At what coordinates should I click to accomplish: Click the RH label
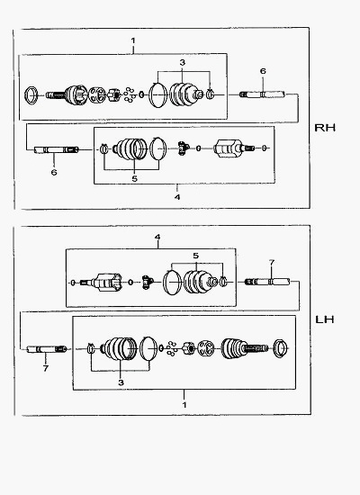pyautogui.click(x=325, y=128)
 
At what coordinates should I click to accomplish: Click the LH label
pyautogui.click(x=325, y=319)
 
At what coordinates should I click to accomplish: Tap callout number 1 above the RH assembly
pyautogui.click(x=133, y=40)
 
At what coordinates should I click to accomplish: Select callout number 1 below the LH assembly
pyautogui.click(x=184, y=405)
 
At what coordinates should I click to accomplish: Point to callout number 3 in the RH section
pyautogui.click(x=182, y=62)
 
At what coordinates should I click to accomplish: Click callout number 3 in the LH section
pyautogui.click(x=121, y=382)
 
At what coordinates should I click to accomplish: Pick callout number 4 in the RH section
pyautogui.click(x=177, y=197)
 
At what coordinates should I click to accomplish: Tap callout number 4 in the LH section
pyautogui.click(x=157, y=237)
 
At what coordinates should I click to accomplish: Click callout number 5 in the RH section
pyautogui.click(x=135, y=179)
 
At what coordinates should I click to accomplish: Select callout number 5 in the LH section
pyautogui.click(x=196, y=256)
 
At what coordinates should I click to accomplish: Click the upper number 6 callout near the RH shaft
pyautogui.click(x=263, y=71)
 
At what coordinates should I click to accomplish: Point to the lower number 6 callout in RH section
pyautogui.click(x=54, y=173)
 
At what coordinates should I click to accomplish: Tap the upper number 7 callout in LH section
pyautogui.click(x=272, y=262)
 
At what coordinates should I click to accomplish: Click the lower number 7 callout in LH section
pyautogui.click(x=46, y=368)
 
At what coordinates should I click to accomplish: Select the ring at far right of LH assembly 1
pyautogui.click(x=280, y=348)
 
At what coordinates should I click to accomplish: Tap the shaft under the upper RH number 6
pyautogui.click(x=262, y=94)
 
